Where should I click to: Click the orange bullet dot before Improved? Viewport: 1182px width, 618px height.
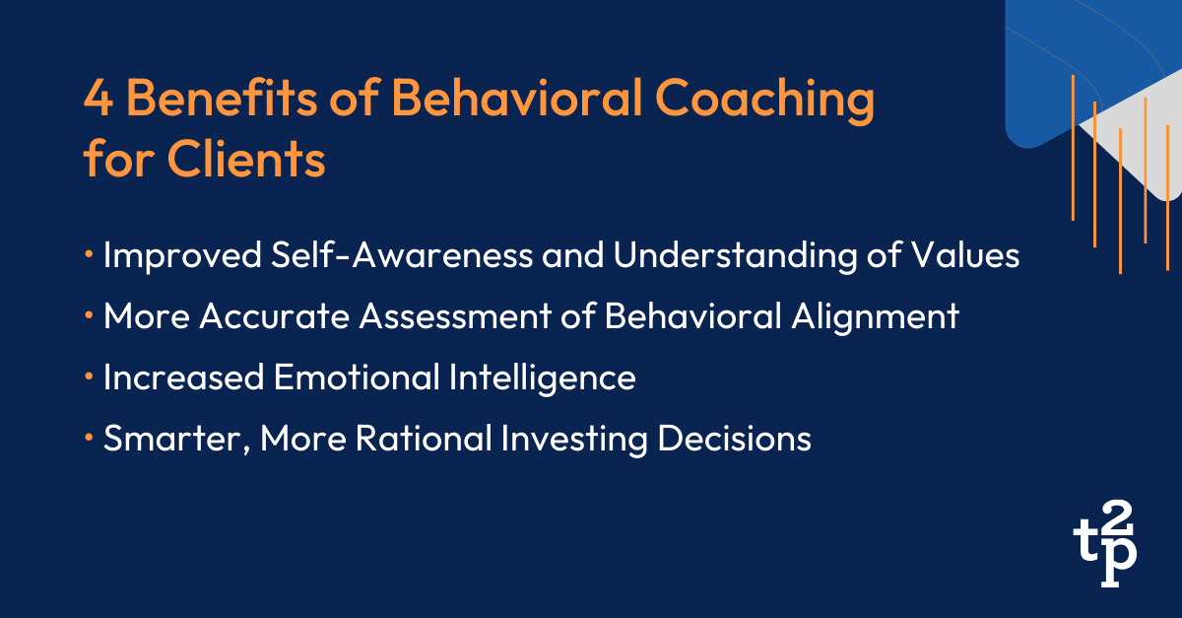(x=90, y=255)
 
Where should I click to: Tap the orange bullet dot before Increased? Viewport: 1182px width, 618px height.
(x=90, y=377)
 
